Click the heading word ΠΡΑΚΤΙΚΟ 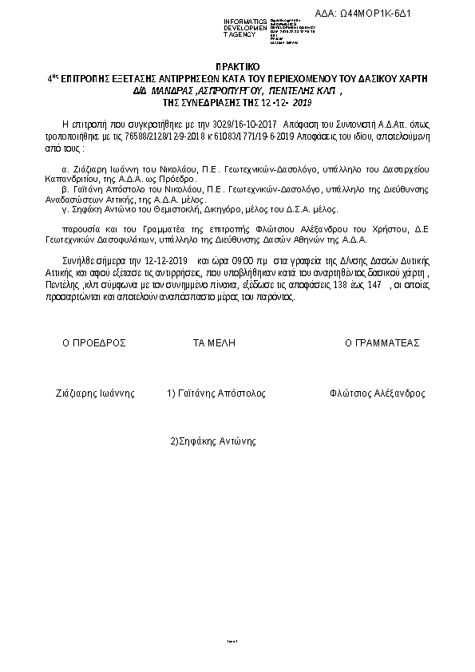(238, 69)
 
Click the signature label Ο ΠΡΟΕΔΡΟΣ (95, 342)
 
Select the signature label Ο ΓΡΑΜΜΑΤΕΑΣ (382, 342)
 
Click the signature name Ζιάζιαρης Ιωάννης (95, 394)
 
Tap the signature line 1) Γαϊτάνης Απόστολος (216, 394)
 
